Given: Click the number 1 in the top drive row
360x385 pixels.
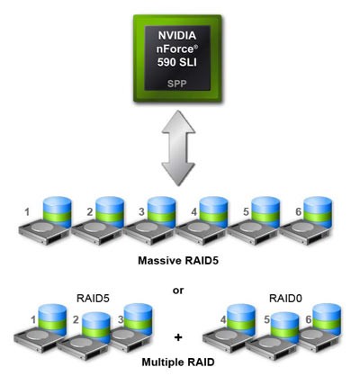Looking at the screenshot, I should (x=28, y=211).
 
